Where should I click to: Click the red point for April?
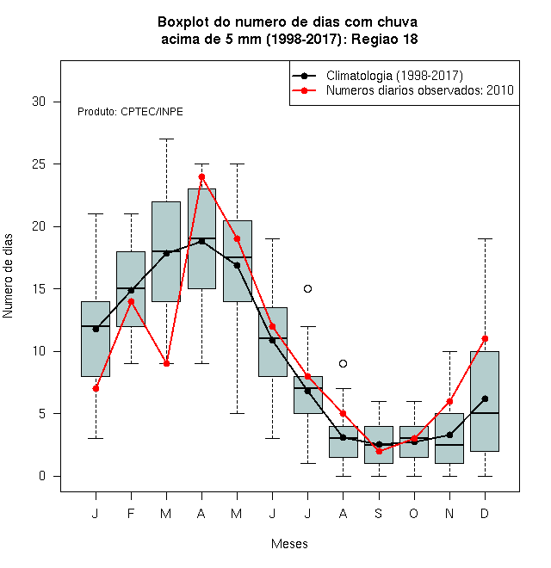(201, 176)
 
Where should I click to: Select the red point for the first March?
(166, 363)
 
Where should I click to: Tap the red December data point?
(485, 339)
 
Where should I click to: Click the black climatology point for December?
(485, 398)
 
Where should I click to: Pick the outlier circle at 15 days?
(307, 288)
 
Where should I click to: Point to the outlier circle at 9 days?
(343, 363)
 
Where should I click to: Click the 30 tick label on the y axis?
(39, 102)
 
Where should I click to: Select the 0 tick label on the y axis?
(42, 476)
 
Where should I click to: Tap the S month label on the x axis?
(379, 513)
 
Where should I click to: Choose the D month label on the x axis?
(485, 513)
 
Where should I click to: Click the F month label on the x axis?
(131, 513)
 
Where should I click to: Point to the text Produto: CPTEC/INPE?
(130, 112)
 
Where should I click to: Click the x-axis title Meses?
(289, 544)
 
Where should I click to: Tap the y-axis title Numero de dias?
(8, 276)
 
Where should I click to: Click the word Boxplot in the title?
(183, 22)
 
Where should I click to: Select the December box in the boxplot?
(485, 401)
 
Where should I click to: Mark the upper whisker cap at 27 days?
(166, 139)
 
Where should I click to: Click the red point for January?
(96, 388)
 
